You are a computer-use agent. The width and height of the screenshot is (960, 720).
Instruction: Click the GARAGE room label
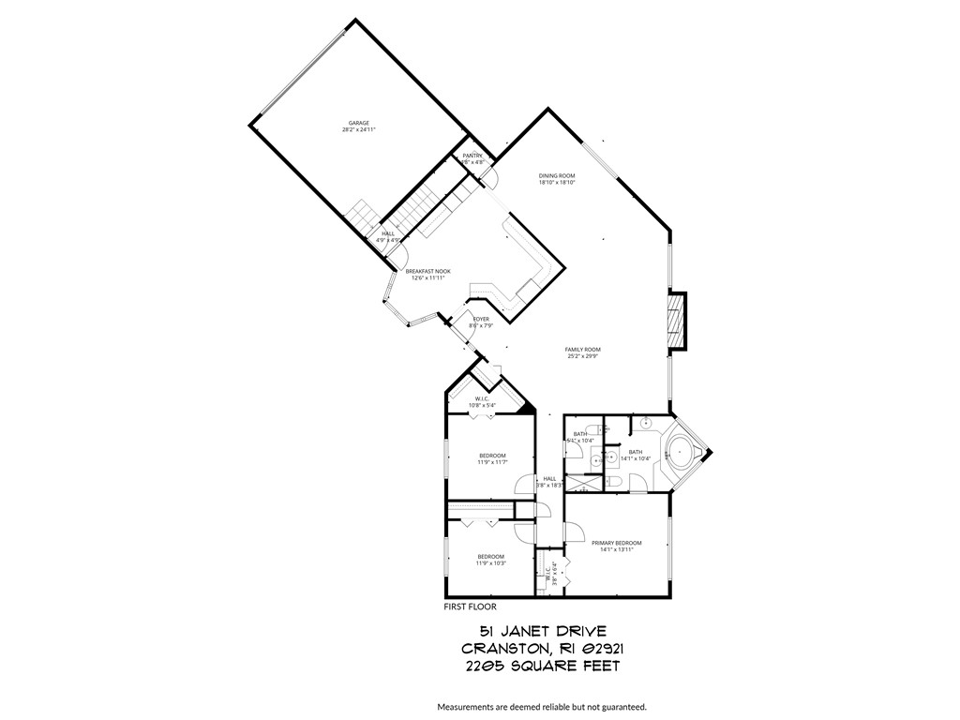(x=359, y=123)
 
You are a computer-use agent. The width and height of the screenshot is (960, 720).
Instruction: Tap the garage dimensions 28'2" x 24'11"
(x=359, y=130)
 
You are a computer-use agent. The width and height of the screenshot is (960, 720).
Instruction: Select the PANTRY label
(x=472, y=156)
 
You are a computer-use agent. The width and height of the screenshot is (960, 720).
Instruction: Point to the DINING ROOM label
(x=556, y=175)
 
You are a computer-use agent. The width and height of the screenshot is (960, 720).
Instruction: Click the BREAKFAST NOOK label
(x=427, y=271)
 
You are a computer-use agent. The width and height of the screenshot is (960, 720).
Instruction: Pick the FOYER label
(x=481, y=319)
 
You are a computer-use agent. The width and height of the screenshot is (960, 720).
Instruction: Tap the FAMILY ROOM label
(x=582, y=349)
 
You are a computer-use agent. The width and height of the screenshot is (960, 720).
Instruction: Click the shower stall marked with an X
(x=584, y=486)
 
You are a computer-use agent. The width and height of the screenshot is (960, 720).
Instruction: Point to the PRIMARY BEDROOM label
(x=616, y=543)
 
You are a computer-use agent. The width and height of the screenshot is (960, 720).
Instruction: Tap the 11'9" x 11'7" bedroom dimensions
(x=491, y=462)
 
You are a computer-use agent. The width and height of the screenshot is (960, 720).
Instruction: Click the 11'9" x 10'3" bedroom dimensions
(x=491, y=563)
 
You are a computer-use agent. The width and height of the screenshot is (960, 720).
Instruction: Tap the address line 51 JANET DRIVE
(x=532, y=632)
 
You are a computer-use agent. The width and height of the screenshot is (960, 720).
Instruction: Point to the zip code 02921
(x=596, y=649)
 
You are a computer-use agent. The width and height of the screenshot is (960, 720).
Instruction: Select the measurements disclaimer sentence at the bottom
(x=541, y=706)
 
